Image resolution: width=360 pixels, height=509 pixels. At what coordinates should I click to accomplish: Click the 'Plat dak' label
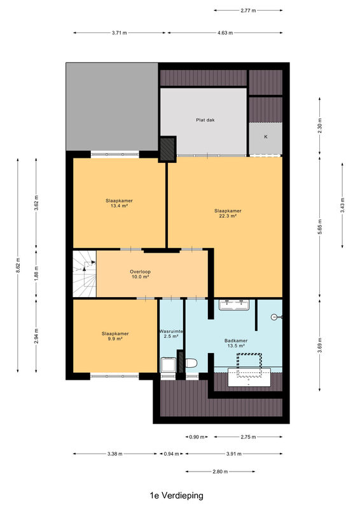coord(205,120)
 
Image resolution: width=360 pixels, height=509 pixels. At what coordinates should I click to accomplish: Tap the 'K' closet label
coord(265,137)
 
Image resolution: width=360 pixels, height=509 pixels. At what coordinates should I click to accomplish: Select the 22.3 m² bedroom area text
coord(228,216)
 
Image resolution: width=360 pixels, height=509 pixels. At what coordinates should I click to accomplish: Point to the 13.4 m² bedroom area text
coord(119,206)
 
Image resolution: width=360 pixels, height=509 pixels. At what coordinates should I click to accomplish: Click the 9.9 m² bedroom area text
coord(115,338)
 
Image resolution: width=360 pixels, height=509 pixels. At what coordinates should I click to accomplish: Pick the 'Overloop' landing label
coord(140,272)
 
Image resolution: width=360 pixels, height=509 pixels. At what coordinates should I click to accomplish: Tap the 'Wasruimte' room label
coord(171,331)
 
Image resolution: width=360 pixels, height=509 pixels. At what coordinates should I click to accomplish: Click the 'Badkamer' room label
coord(236,340)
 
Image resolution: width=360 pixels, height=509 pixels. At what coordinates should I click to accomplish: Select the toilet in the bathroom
coord(191,363)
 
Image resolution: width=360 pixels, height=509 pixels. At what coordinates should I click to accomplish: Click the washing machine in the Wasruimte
coord(168,365)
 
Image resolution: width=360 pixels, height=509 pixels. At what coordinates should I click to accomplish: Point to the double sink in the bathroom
coord(234,305)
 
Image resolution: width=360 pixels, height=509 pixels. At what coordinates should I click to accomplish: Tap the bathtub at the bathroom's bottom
coord(249,377)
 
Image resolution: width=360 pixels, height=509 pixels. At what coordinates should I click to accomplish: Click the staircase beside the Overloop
coord(85,274)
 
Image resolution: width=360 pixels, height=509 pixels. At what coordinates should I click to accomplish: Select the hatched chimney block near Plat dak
coord(168,148)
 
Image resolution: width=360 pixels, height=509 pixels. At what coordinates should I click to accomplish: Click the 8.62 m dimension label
coord(18,265)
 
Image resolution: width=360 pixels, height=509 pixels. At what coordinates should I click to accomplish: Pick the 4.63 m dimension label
coord(225,33)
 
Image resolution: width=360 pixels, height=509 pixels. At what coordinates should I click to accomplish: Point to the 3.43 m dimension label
coord(342,205)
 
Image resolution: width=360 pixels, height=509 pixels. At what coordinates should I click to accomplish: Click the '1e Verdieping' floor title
coord(177,496)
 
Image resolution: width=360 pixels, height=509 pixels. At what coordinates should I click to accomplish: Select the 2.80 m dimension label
coord(220,471)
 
